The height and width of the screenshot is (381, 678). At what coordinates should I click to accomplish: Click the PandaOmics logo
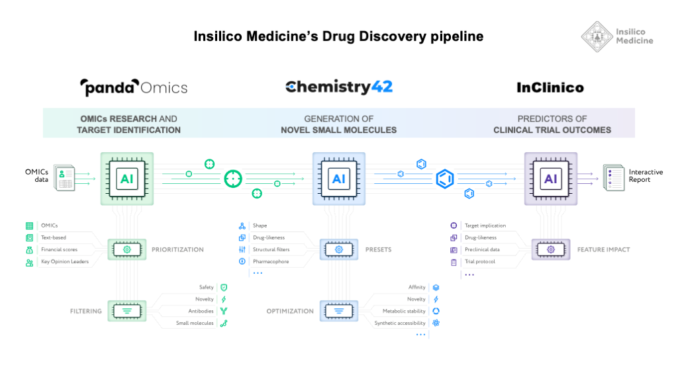click(x=134, y=87)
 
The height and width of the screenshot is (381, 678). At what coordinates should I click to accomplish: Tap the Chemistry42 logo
click(x=338, y=87)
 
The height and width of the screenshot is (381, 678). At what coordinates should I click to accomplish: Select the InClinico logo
click(x=550, y=87)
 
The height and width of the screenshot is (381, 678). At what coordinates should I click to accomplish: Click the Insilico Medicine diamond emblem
click(x=597, y=36)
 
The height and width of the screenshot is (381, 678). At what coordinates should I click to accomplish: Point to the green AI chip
click(x=126, y=179)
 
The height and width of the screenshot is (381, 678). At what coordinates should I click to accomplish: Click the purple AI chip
click(x=550, y=179)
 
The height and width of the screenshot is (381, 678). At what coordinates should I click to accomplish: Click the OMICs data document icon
click(x=65, y=179)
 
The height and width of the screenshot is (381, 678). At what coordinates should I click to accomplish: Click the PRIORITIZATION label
click(x=178, y=250)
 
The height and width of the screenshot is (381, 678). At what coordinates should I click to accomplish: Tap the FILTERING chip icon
click(x=126, y=310)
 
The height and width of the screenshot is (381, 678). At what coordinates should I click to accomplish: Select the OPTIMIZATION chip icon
click(x=338, y=310)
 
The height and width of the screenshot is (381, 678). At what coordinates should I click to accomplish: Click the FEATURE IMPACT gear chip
click(x=550, y=250)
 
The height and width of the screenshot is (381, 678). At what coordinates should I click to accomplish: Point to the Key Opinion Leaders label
click(x=65, y=262)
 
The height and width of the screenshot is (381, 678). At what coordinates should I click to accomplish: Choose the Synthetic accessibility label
click(x=400, y=323)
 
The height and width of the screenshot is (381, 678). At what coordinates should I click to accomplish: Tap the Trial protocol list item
click(x=480, y=262)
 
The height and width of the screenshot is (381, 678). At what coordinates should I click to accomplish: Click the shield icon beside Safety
click(x=224, y=287)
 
